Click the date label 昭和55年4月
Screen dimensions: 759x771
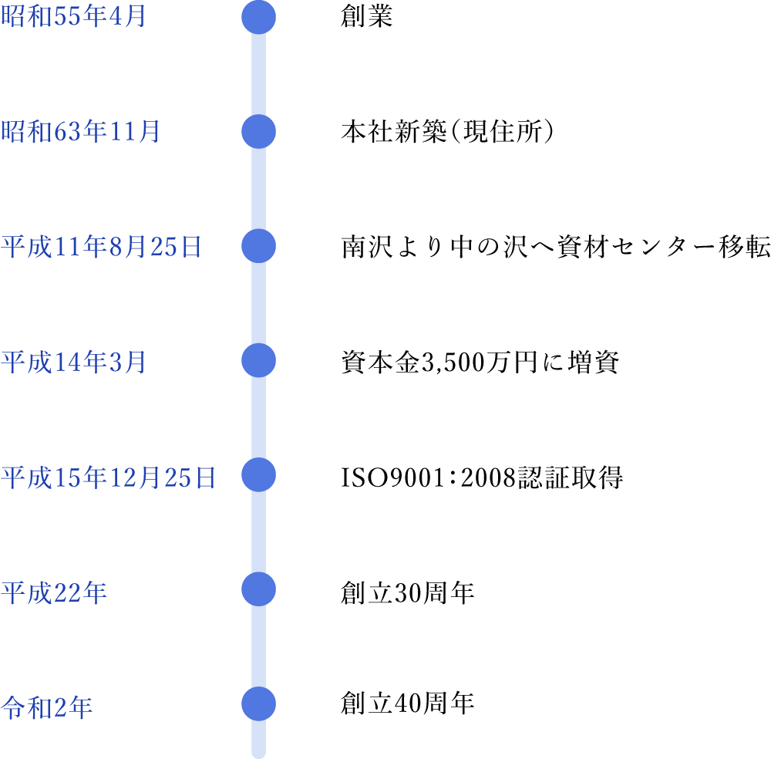pos(73,17)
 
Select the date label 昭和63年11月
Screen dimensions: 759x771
pos(80,131)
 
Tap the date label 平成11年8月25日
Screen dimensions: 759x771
pos(101,246)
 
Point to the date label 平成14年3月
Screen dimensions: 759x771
pos(73,361)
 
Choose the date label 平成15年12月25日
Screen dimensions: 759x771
pos(108,477)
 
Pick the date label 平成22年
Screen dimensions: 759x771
pos(53,592)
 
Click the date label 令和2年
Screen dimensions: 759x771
pos(46,707)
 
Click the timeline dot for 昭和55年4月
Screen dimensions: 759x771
pos(258,17)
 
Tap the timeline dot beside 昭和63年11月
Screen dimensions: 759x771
pos(258,131)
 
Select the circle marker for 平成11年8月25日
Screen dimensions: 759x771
pos(258,246)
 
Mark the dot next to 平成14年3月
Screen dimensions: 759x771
pos(258,360)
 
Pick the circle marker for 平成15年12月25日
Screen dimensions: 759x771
pos(258,474)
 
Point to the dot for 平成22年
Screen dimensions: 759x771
pos(258,589)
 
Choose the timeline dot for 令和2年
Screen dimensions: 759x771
pos(258,703)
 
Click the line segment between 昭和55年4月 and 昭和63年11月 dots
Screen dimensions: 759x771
pos(258,74)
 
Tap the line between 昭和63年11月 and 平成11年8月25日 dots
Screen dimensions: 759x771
pos(258,189)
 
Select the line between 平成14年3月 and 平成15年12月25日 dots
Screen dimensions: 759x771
pos(258,417)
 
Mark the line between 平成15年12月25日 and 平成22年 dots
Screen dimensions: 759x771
pos(258,532)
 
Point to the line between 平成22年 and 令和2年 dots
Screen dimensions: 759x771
pos(258,646)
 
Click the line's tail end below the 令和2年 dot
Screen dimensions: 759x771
pos(258,742)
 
